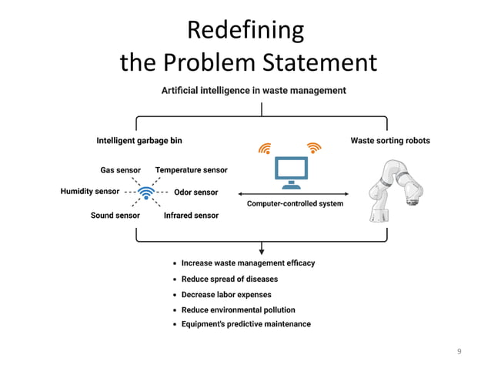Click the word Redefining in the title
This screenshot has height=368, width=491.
245,30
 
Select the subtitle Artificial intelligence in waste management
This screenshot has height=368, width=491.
253,90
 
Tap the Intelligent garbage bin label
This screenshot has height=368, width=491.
139,141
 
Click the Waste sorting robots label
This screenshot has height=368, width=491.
390,141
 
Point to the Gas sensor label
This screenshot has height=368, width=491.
120,169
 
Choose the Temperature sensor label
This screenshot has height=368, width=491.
191,169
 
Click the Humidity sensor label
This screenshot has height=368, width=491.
90,192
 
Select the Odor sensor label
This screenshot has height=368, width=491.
196,192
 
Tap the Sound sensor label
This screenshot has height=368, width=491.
115,216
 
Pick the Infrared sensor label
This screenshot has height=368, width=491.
191,216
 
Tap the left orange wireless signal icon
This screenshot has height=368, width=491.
266,147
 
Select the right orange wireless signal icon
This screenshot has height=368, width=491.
313,147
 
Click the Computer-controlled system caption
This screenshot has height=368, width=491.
295,204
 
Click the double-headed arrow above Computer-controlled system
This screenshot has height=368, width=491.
295,193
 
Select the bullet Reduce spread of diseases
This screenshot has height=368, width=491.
229,279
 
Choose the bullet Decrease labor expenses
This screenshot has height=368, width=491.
225,294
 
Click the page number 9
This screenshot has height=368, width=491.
459,352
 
